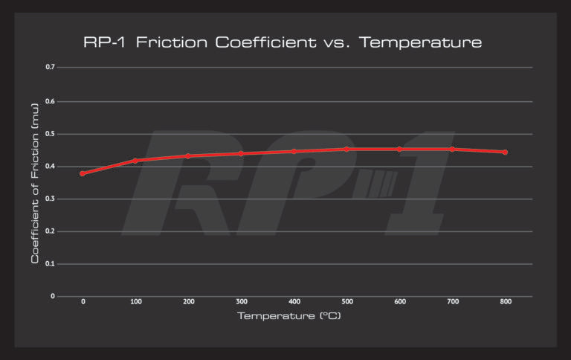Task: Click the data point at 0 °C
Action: [x=83, y=173]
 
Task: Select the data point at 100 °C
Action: [x=135, y=161]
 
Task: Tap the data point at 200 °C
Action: [x=188, y=156]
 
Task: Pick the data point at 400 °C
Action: [x=294, y=152]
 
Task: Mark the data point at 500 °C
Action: [x=346, y=150]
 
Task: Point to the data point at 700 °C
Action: [x=452, y=150]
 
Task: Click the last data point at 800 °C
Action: [x=505, y=152]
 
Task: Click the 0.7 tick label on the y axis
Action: [x=51, y=68]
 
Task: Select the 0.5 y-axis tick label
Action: [x=51, y=134]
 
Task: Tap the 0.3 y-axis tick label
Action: [x=51, y=199]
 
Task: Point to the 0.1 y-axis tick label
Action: [x=51, y=263]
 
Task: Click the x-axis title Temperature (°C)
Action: [x=288, y=317]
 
